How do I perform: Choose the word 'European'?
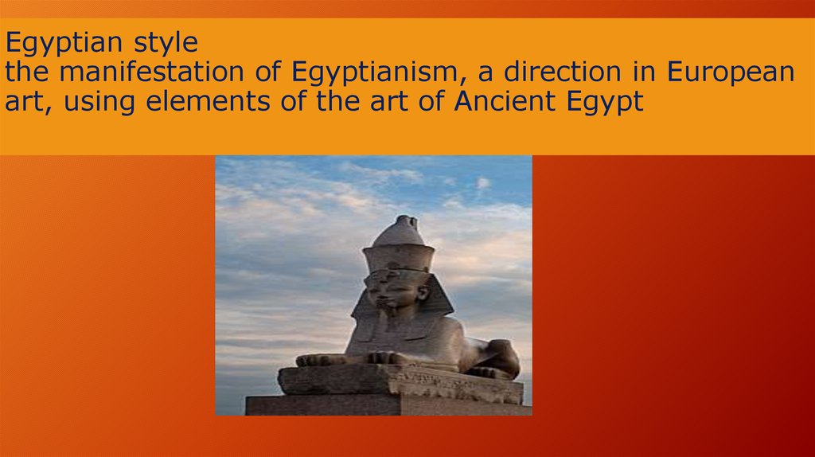731,72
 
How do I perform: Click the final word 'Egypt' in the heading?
610,102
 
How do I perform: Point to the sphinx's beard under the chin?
389,318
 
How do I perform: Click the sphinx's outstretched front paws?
334,359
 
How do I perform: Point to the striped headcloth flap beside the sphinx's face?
436,299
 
